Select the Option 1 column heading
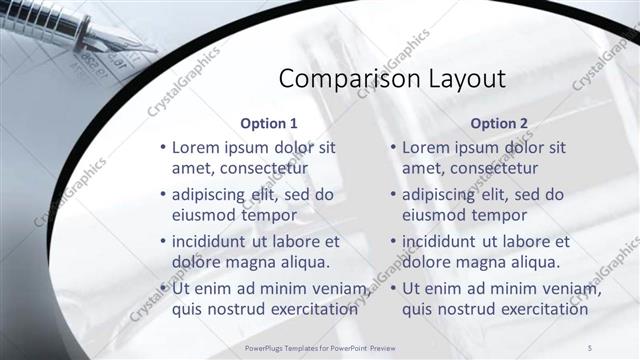click(x=269, y=124)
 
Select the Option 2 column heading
click(x=499, y=124)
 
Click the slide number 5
click(x=589, y=346)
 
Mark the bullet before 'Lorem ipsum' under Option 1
click(x=163, y=148)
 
